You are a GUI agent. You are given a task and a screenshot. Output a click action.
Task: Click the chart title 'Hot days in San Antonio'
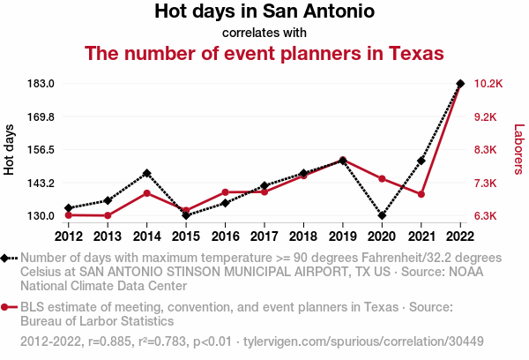pos(264,12)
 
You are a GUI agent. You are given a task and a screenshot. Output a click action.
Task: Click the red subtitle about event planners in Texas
pos(264,54)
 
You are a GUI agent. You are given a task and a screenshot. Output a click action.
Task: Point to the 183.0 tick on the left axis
pos(41,84)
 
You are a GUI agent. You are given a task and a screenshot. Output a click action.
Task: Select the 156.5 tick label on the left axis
pos(41,150)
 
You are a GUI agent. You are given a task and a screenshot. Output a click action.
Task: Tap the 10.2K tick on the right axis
pos(488,84)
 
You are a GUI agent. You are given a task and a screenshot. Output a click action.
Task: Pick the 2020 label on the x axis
pos(382,236)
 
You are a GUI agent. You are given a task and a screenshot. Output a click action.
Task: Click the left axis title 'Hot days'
pos(10,150)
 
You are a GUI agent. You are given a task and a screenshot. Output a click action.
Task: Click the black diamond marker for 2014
pos(146,173)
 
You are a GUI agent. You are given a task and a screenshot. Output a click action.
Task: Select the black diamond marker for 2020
pos(382,215)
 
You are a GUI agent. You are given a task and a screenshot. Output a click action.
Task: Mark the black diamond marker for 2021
pos(421,161)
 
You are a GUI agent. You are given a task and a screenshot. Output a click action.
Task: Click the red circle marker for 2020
pos(382,179)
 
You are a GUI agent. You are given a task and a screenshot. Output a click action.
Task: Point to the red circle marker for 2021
pos(421,194)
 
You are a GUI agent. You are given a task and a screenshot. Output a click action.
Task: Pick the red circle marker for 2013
pos(108,215)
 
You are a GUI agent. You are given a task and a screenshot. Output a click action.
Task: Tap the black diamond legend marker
pos(6,258)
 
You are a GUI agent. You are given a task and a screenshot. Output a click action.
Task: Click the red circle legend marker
pos(6,307)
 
